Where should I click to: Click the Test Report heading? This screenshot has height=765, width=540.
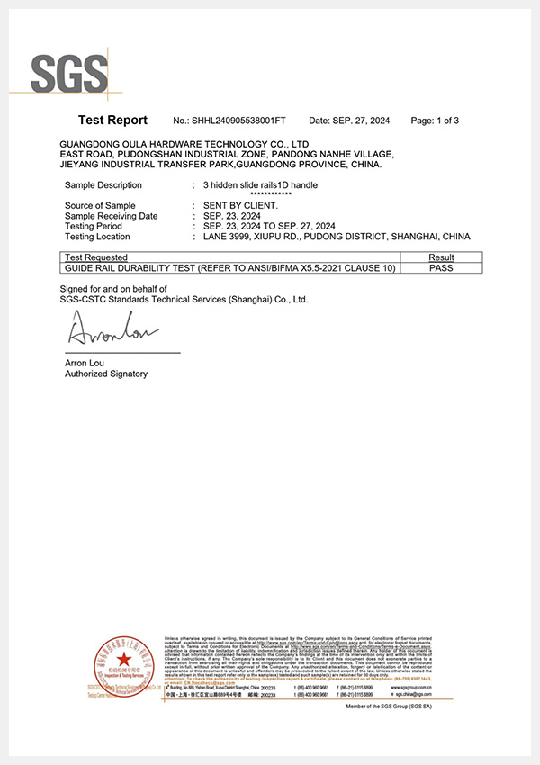112,120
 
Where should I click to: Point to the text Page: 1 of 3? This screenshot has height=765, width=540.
435,121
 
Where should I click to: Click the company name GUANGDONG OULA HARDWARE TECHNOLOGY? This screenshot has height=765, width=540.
184,144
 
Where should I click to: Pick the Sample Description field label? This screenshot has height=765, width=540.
103,185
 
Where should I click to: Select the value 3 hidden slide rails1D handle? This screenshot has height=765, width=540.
260,185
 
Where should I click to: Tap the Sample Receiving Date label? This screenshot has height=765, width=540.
111,216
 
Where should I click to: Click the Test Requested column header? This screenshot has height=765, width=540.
95,257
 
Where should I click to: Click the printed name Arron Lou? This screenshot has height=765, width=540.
85,363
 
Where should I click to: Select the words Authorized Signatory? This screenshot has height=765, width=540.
106,373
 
